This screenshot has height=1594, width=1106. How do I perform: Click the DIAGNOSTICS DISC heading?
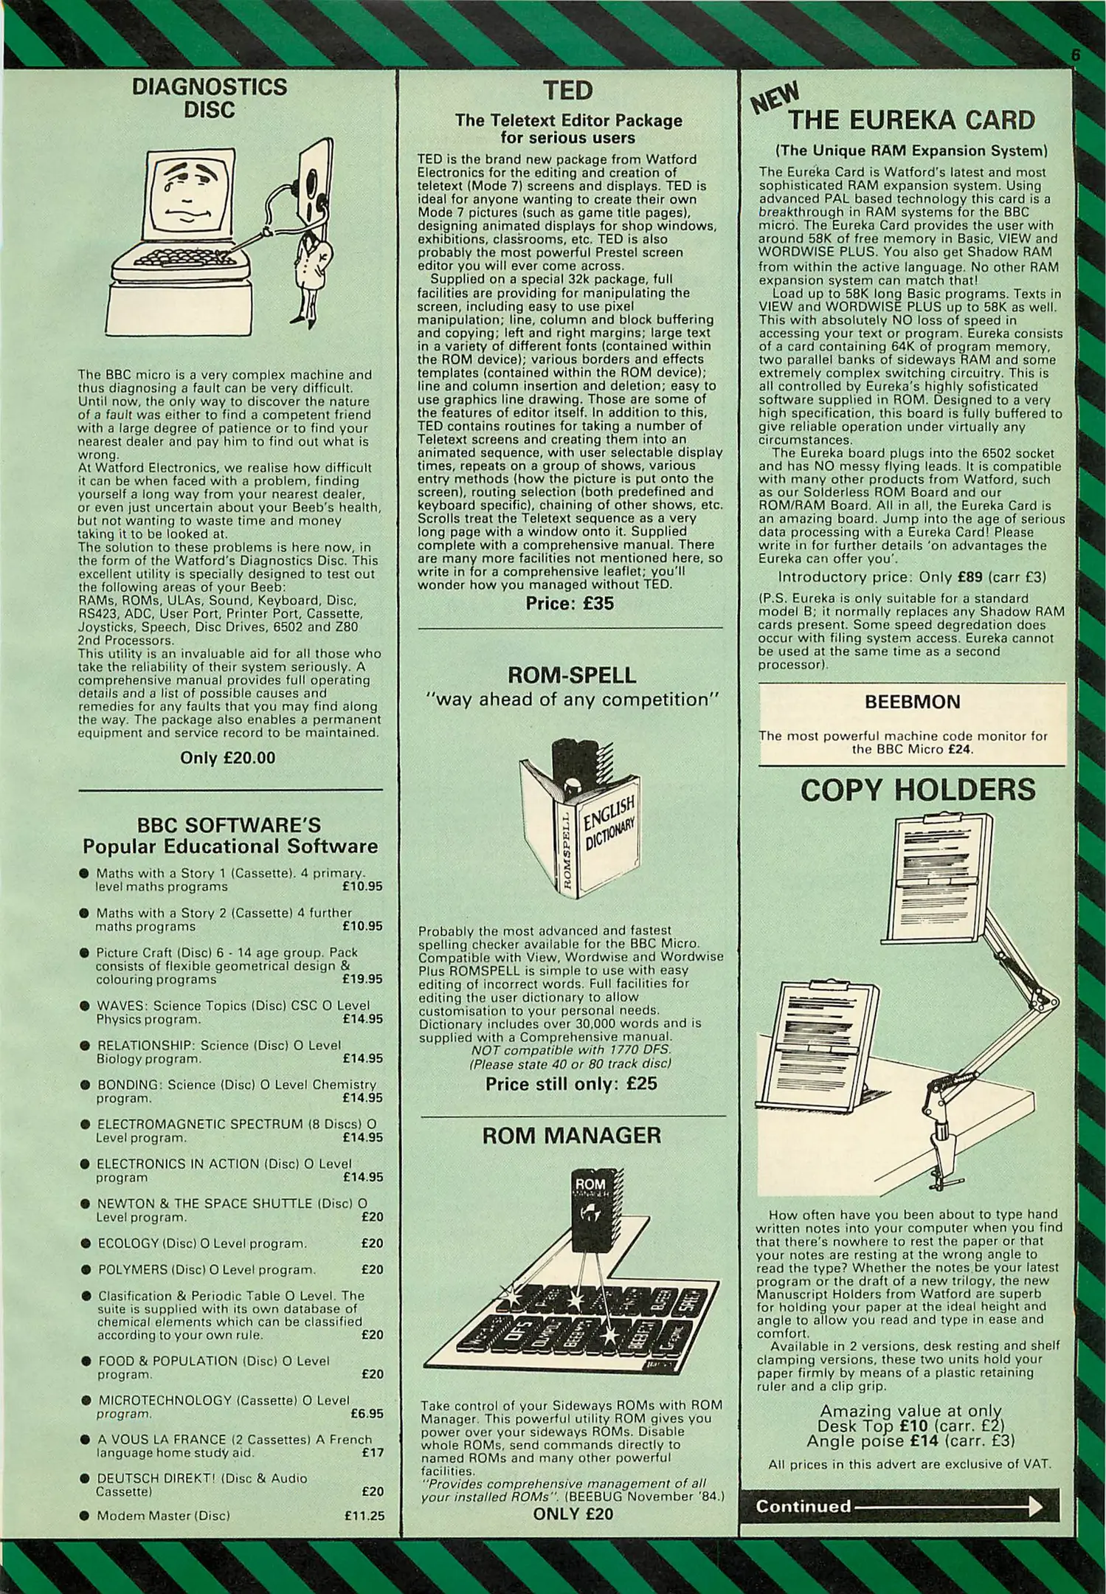(209, 98)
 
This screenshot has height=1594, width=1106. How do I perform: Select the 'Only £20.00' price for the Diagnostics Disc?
(227, 758)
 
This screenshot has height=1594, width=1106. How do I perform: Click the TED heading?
(567, 91)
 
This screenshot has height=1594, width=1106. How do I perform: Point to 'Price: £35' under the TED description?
(569, 604)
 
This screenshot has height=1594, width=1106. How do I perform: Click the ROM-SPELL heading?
(572, 675)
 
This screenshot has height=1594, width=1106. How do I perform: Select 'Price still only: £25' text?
(570, 1084)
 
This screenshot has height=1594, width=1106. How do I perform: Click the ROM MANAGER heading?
(572, 1136)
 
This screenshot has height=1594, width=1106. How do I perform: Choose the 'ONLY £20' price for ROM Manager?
(573, 1514)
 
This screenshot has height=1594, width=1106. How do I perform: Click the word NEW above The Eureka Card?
(775, 97)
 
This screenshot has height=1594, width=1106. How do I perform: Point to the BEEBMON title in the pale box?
(912, 702)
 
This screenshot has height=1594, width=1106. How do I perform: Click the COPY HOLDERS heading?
(917, 790)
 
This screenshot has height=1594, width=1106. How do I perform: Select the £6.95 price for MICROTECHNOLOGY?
(367, 1414)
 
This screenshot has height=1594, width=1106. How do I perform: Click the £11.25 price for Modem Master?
(364, 1516)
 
